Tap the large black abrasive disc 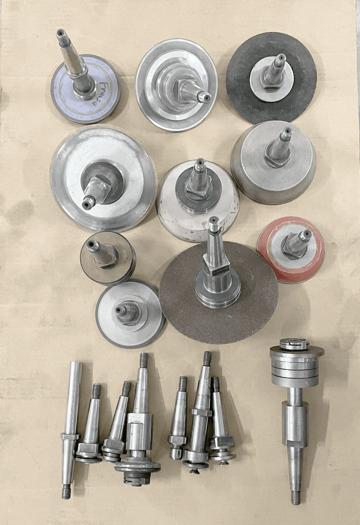point(244,101)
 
